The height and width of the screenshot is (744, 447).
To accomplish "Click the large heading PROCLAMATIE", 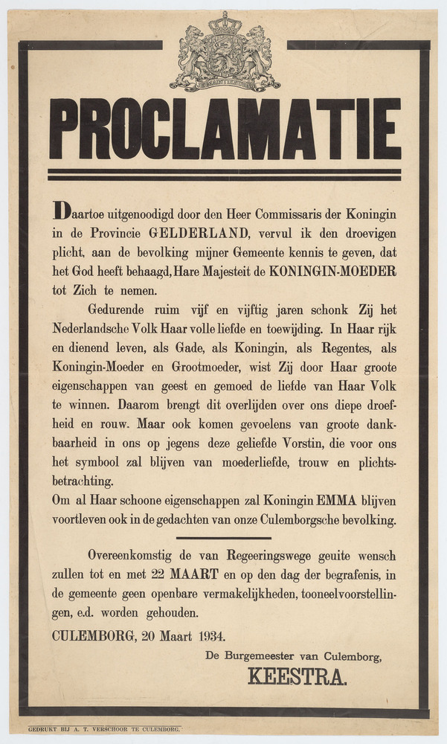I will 225,129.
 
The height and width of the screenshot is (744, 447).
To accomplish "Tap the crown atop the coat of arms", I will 225,22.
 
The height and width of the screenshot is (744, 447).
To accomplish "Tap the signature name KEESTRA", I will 297,677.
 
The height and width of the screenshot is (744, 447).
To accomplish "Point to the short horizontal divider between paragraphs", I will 224,537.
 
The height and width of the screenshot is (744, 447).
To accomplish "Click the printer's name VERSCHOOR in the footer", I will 118,731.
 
